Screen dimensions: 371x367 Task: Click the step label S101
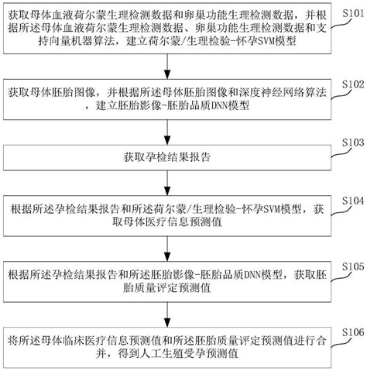point(348,13)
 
